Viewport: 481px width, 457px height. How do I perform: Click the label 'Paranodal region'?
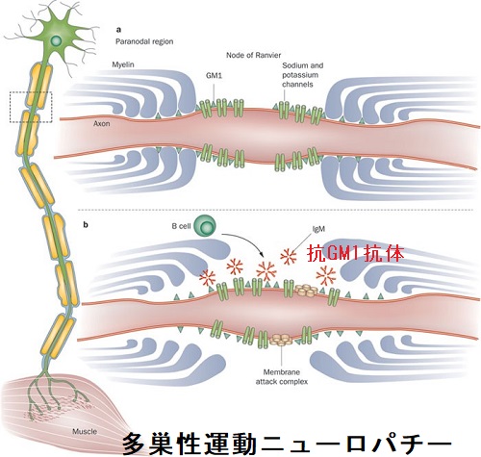click(x=144, y=41)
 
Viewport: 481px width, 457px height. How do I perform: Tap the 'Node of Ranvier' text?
click(x=254, y=55)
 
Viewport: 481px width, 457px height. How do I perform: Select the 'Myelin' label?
click(x=123, y=64)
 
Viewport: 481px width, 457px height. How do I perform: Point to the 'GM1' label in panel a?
click(x=214, y=76)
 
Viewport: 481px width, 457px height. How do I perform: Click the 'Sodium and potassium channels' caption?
click(x=303, y=75)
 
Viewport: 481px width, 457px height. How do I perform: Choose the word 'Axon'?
click(x=102, y=124)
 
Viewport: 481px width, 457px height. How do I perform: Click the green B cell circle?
click(x=205, y=226)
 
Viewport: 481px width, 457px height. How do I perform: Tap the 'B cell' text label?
click(x=181, y=226)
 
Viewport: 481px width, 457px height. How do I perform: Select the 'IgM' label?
click(x=318, y=229)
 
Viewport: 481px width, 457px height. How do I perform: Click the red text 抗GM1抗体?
click(x=355, y=254)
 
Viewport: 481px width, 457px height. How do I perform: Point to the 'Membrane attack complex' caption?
click(x=282, y=377)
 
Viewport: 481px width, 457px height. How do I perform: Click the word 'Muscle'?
click(x=85, y=431)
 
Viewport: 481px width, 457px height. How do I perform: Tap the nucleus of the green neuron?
click(x=57, y=40)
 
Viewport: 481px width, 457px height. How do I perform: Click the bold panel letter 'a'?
click(x=118, y=30)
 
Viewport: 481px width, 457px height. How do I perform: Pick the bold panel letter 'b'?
click(x=86, y=225)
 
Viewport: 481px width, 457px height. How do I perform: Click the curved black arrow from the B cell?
click(x=248, y=239)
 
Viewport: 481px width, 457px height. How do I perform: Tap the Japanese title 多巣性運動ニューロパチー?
click(x=287, y=444)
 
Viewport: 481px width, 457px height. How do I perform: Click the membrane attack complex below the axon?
click(x=281, y=340)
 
